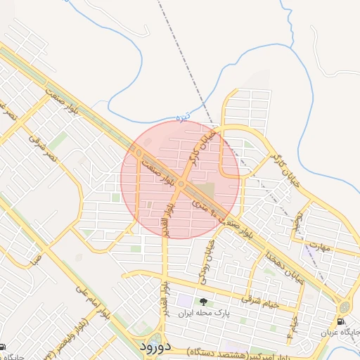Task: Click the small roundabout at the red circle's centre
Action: tap(181, 184)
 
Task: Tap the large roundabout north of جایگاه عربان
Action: tap(345, 307)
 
